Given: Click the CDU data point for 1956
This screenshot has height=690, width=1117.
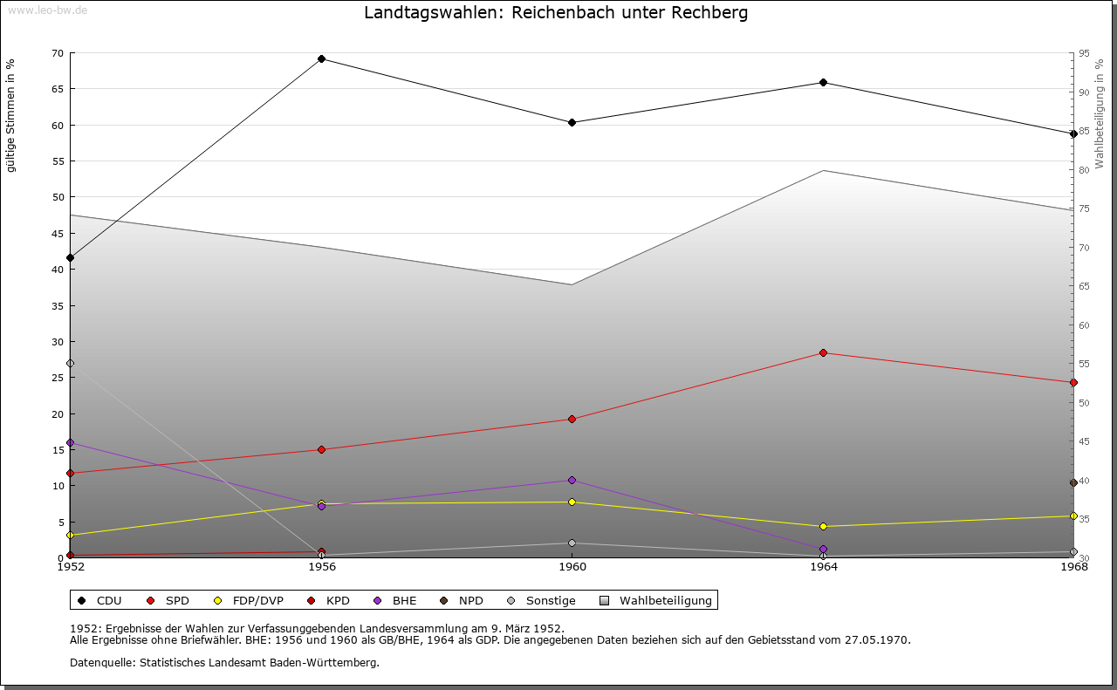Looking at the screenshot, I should (x=321, y=59).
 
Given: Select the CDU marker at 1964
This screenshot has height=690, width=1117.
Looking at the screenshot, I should (x=823, y=83).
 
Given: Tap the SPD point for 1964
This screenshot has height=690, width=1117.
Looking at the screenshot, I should (x=823, y=353).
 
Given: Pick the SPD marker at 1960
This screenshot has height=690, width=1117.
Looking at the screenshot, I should (x=572, y=420).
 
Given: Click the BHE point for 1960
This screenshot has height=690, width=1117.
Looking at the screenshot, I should (x=572, y=481).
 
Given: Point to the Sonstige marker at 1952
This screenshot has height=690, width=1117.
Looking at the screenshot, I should (x=70, y=364).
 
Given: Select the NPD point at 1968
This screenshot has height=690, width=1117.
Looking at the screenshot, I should (x=1073, y=483).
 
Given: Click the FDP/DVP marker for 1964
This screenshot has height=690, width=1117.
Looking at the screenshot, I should (x=823, y=527).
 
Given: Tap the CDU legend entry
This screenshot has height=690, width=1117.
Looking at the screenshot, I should (x=100, y=601).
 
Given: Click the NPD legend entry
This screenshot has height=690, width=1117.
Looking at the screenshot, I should (x=463, y=601).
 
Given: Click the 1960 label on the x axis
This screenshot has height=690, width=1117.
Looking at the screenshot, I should (x=572, y=567).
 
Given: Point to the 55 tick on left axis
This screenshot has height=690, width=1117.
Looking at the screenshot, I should (x=57, y=161).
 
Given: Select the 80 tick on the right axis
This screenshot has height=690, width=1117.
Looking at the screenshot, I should (x=1083, y=170).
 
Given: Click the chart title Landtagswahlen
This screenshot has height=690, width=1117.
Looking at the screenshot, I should (x=556, y=13).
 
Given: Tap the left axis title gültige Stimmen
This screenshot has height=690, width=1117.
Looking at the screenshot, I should (x=10, y=116).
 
